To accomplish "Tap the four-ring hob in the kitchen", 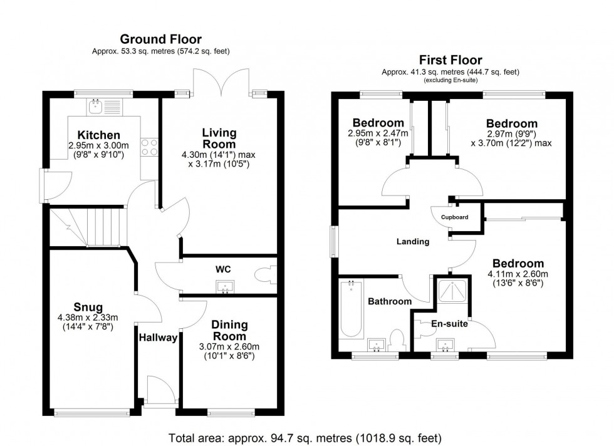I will pos(150,147).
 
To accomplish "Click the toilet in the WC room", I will pos(264,275).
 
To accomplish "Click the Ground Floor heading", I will pos(160,40).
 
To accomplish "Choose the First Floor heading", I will pos(450,61).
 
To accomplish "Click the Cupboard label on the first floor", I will pos(454,217).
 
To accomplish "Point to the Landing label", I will pos(412,241).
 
